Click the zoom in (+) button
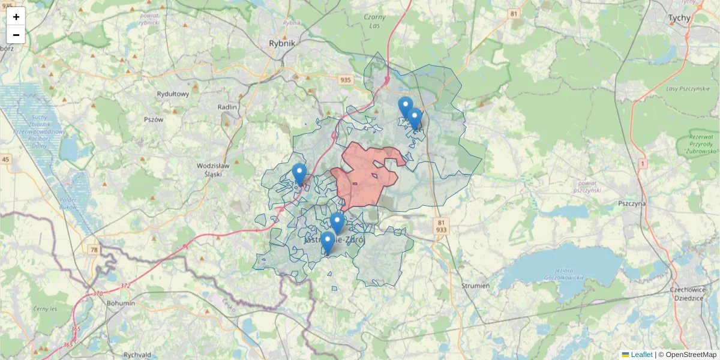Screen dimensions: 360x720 point(16,17)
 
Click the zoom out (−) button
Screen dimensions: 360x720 point(16,35)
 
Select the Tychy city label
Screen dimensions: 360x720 point(679,18)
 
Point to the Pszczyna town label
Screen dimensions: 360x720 point(631,203)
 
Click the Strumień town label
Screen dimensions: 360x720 point(476,286)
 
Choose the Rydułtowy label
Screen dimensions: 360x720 point(173,94)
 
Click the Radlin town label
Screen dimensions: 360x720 point(228,107)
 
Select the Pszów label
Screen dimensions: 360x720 point(154,119)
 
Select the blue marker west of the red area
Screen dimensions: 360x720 point(299,174)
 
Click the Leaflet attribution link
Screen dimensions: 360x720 point(641,355)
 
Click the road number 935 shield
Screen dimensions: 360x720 point(345,80)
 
